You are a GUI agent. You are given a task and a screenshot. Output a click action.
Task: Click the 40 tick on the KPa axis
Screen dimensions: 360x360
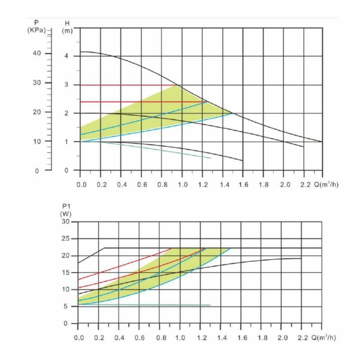click(36, 54)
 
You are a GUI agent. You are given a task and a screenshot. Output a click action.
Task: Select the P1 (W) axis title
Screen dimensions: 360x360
click(66, 210)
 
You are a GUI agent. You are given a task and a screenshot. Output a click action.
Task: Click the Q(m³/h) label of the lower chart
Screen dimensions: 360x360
click(323, 337)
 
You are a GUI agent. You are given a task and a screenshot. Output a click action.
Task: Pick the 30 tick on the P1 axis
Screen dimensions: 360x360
click(66, 222)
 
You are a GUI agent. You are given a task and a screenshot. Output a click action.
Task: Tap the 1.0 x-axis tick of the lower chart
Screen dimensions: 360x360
click(180, 337)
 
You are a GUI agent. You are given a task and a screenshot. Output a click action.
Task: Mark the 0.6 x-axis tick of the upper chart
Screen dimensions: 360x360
click(142, 184)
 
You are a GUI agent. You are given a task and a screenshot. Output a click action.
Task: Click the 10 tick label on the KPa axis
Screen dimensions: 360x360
click(36, 141)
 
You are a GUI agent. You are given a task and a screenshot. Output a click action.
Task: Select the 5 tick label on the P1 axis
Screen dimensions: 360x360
click(67, 307)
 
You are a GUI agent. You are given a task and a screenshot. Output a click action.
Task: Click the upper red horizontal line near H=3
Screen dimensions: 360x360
click(126, 85)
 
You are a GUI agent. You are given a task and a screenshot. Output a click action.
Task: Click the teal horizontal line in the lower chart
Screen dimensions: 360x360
click(144, 305)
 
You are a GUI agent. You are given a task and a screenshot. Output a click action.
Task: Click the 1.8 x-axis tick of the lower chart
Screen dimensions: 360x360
click(261, 337)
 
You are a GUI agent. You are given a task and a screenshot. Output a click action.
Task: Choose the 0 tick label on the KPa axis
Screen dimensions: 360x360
click(37, 171)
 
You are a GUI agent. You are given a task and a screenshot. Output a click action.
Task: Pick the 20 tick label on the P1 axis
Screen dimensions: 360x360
click(66, 256)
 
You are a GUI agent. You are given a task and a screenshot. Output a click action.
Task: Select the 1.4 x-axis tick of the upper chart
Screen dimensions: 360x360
click(223, 184)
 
